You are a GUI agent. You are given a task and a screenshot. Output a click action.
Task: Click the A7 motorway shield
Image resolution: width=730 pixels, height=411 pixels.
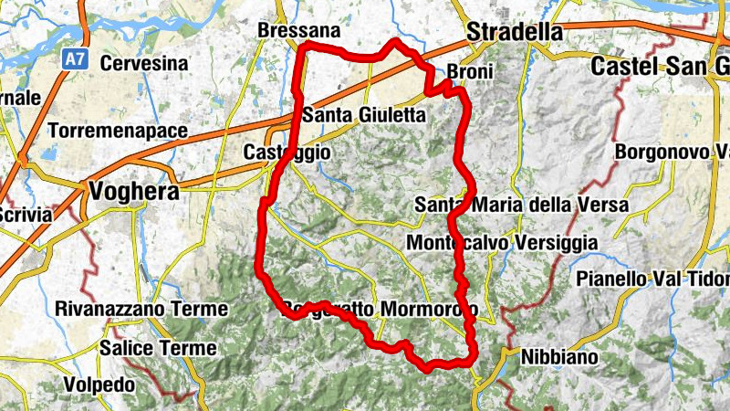pos(75,59)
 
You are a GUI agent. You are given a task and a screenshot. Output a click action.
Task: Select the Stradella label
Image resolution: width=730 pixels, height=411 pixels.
pos(514,32)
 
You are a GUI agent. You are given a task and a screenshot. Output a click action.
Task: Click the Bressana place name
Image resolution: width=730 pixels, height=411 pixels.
pos(299,31)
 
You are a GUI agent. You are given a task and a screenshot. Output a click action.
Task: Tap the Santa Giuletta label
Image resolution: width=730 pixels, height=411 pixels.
pos(363,116)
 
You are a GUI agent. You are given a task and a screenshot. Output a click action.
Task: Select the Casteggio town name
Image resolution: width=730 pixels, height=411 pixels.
pos(287,153)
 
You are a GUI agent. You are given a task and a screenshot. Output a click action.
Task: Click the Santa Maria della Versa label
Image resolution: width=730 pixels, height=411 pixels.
pos(521,205)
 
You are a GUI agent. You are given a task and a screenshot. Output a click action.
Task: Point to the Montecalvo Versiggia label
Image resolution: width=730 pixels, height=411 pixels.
pos(502,243)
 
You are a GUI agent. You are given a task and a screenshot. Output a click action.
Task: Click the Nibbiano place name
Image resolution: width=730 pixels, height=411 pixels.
pos(559,357)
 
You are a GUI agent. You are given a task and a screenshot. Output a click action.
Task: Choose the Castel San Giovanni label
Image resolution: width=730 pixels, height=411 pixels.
pos(659,66)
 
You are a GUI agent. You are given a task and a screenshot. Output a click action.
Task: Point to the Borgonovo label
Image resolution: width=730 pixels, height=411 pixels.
pos(670,151)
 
